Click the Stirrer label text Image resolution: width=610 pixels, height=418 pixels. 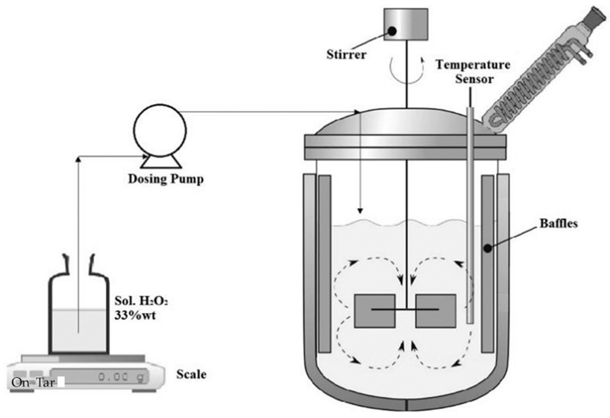click(x=346, y=55)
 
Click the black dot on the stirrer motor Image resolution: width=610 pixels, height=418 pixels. click(x=392, y=31)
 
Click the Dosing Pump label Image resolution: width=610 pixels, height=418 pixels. click(x=166, y=179)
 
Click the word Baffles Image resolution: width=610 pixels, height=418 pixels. click(x=559, y=223)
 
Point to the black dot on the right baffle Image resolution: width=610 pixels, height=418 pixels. click(x=488, y=249)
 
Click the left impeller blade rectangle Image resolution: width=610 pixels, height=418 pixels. click(x=374, y=311)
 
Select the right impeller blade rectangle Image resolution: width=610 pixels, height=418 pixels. click(x=436, y=311)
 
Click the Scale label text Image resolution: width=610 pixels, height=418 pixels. click(x=191, y=374)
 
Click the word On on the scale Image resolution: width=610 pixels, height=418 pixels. click(x=20, y=383)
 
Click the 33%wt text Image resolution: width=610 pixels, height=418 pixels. click(x=135, y=315)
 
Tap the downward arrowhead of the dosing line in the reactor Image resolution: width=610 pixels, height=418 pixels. click(x=360, y=211)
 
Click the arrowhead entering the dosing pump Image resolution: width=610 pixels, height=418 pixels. click(x=145, y=156)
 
